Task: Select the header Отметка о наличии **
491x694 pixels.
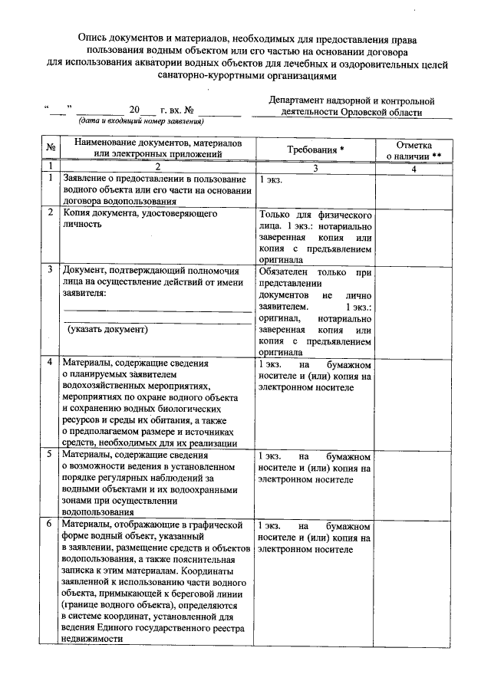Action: (414, 150)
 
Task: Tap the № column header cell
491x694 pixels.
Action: (50, 150)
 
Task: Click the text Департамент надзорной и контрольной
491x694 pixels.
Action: (351, 100)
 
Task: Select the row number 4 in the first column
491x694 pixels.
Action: (50, 362)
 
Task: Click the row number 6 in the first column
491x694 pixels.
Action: (50, 525)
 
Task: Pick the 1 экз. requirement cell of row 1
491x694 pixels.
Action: (271, 180)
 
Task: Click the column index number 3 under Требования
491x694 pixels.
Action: (315, 166)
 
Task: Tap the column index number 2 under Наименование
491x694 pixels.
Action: (157, 166)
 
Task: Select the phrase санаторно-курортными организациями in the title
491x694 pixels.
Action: (245, 76)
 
